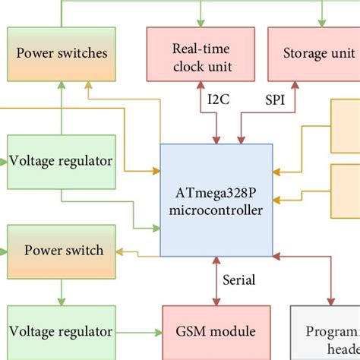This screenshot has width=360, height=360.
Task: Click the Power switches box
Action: [x=62, y=53]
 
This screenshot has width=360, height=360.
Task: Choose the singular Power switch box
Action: [x=62, y=250]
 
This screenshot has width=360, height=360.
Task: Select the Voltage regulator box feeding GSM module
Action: [x=62, y=332]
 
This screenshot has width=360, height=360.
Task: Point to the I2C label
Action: [x=219, y=99]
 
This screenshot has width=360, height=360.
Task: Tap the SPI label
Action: [x=276, y=99]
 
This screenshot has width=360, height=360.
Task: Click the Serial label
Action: [x=239, y=280]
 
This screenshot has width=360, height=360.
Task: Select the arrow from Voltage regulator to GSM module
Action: [x=141, y=332]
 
